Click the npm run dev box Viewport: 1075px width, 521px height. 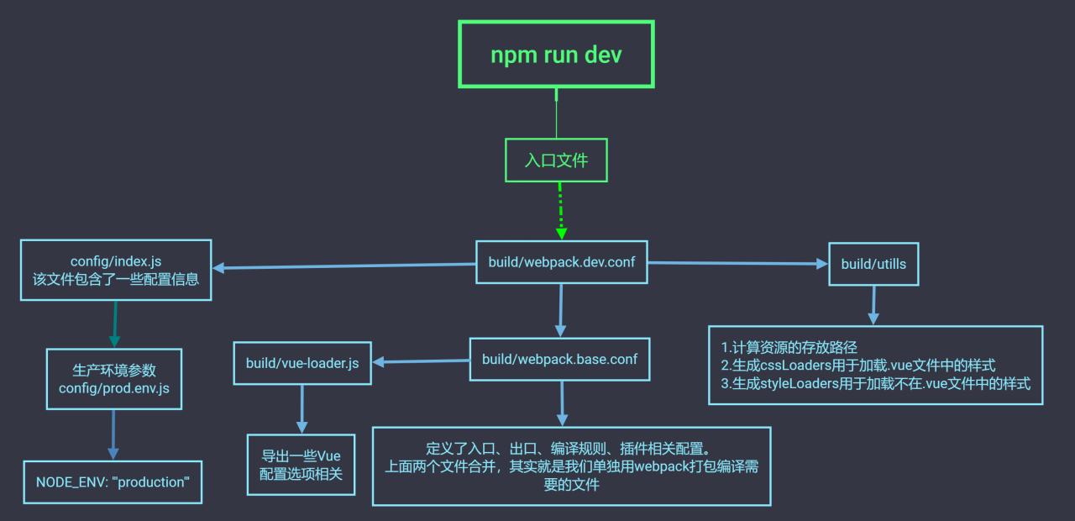[x=556, y=55]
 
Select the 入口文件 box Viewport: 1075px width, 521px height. [x=556, y=160]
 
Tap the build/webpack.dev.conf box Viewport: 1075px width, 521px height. [x=562, y=262]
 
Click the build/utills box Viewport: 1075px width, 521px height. [x=873, y=264]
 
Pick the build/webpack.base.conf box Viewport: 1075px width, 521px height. [x=559, y=360]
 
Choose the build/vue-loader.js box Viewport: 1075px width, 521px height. [x=302, y=363]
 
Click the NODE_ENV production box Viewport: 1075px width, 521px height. [x=113, y=482]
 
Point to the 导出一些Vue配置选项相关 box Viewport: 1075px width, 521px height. [x=302, y=465]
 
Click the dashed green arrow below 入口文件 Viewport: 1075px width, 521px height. [x=561, y=211]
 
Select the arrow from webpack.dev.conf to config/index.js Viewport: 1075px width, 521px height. [x=344, y=266]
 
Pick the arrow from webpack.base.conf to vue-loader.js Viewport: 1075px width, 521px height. [x=420, y=361]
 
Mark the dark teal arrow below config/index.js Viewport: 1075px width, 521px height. [x=115, y=324]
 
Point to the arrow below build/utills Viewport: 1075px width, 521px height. [x=873, y=305]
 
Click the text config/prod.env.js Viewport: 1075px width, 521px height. [x=114, y=388]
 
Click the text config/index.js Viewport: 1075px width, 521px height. [x=116, y=262]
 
